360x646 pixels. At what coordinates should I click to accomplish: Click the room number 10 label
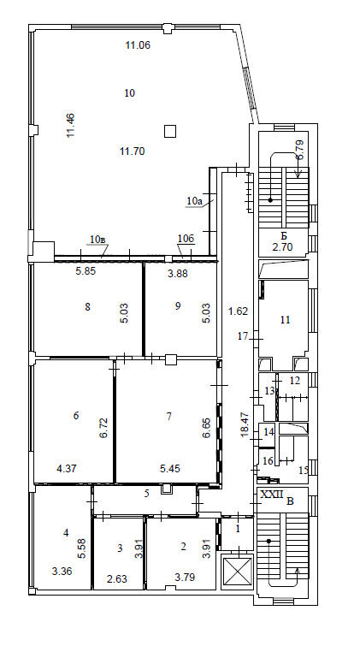pos(130,93)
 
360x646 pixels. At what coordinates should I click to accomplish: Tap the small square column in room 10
pos(170,131)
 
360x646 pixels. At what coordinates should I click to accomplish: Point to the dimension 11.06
pos(138,45)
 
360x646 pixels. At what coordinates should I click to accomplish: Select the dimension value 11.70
pos(133,151)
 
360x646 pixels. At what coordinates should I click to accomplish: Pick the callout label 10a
pos(193,201)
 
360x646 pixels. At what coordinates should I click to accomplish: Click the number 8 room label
pos(87,306)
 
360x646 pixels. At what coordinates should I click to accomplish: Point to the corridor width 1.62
pos(238,311)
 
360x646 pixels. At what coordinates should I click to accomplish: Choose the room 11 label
pos(285,320)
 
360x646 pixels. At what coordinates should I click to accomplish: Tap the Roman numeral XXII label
pos(272,495)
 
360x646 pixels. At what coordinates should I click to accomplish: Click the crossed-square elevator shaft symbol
pos(237,570)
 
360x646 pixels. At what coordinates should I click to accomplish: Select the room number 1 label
pos(237,530)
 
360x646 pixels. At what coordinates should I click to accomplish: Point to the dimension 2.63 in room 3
pos(118,579)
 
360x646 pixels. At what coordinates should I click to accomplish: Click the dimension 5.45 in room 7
pos(169,468)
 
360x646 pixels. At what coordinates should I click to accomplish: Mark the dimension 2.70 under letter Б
pos(282,247)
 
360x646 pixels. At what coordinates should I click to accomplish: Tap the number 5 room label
pos(146,494)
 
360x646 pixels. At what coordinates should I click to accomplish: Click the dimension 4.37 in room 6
pos(67,468)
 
